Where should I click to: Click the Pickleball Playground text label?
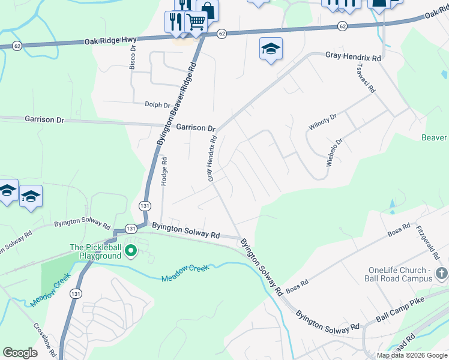point(95,251)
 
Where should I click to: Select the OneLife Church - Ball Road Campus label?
point(399,274)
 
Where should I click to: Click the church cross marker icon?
point(442,274)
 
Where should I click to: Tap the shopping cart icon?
point(196,22)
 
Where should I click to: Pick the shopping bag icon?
point(208,10)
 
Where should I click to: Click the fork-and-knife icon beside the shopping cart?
point(175,22)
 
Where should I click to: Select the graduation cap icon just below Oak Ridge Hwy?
point(271,48)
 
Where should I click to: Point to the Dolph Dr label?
point(158,104)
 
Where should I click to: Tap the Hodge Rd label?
point(163,171)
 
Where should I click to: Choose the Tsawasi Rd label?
point(366,79)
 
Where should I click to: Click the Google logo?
point(20,353)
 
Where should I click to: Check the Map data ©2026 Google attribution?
point(411,355)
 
